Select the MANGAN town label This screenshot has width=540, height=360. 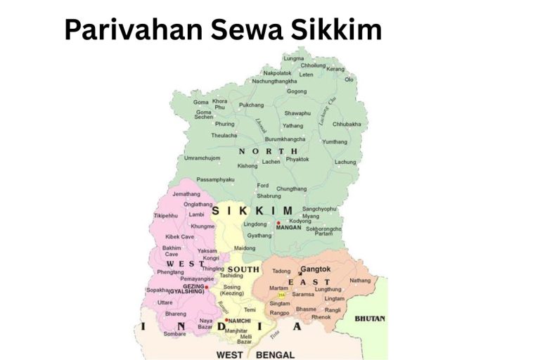pos(288,228)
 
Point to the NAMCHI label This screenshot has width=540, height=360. pos(240,320)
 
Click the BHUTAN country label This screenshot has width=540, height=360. pos(369,319)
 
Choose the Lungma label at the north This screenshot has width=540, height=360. pos(293,58)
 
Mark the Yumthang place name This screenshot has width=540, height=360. pos(335,141)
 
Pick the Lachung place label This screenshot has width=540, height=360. pos(345,162)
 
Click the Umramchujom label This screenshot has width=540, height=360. pos(202,157)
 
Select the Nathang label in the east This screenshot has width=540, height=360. pos(359,281)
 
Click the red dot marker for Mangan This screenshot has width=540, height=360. pos(278,223)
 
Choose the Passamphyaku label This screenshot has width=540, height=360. pos(215,179)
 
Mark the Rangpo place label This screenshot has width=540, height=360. pos(279,313)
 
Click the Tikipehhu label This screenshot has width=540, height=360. pos(166,215)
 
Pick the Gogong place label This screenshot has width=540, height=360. pos(297,91)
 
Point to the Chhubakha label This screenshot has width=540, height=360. pos(346,124)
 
